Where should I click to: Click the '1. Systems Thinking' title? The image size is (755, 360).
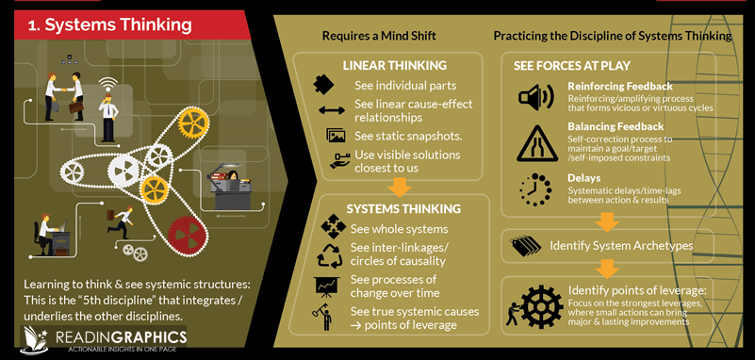110,25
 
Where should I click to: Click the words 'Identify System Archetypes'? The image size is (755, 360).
620,246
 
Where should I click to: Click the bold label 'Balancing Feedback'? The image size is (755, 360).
615,126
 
